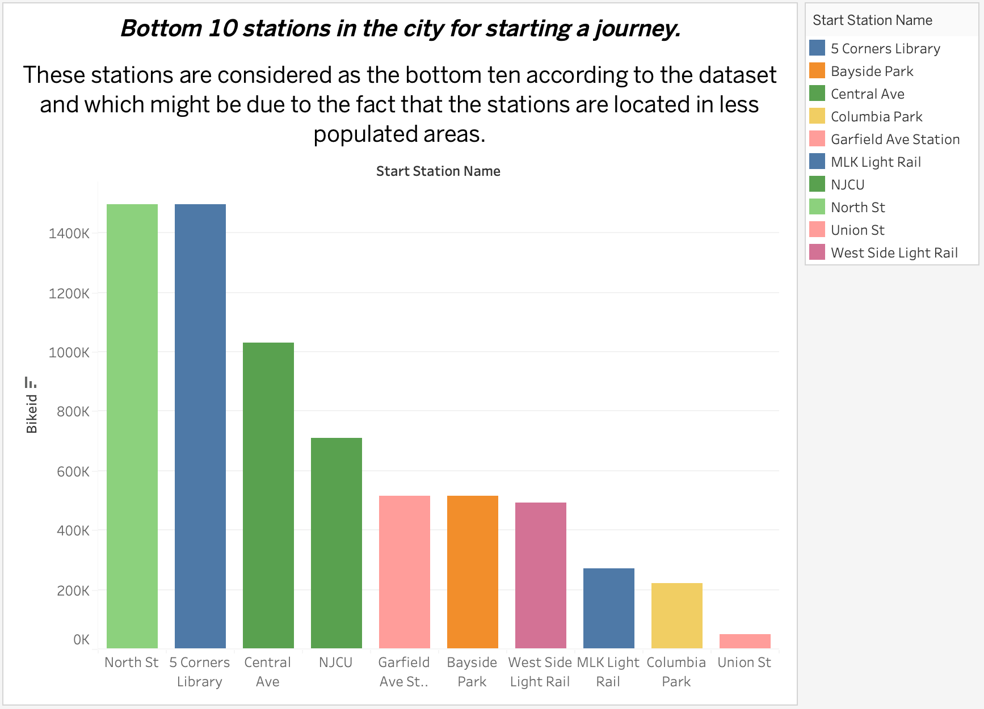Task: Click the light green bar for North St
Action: pos(132,425)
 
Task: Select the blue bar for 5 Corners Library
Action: pos(200,425)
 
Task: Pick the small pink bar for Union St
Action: pos(745,641)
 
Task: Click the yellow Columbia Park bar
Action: pos(676,615)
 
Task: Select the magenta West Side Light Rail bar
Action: pos(540,575)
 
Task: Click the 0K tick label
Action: pos(81,640)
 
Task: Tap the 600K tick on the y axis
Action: pos(73,471)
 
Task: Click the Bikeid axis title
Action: pos(32,414)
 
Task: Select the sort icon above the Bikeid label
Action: pos(31,382)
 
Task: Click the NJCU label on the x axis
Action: pos(335,662)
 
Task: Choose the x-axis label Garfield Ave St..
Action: pos(403,672)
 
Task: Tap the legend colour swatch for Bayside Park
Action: pos(817,71)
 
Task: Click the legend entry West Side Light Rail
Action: pos(894,253)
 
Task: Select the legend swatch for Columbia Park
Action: pos(817,116)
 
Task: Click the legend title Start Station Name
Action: pos(872,20)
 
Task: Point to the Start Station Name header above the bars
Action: pos(438,171)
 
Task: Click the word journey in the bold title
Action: pos(637,28)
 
